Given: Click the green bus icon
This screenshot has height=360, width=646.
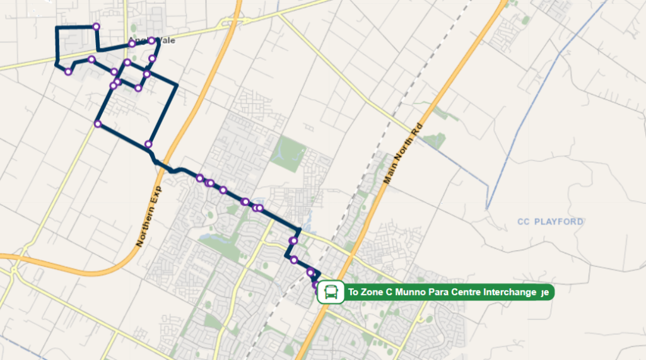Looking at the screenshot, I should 329,293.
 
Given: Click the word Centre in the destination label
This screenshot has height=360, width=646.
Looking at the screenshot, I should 464,293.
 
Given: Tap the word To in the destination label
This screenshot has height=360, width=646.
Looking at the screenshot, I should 353,293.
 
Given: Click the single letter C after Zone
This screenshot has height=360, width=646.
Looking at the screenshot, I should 387,293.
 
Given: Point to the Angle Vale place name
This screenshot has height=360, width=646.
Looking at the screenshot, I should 151,42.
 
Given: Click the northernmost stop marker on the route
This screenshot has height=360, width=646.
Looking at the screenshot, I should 96,26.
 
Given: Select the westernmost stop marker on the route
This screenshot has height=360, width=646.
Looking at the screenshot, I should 68,71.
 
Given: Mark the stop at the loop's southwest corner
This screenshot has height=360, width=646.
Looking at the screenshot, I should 98,124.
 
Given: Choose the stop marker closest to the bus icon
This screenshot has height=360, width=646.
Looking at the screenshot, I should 315,285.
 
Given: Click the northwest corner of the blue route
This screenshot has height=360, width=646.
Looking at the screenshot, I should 56,28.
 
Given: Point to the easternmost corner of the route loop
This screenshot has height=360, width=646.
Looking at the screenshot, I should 177,84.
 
